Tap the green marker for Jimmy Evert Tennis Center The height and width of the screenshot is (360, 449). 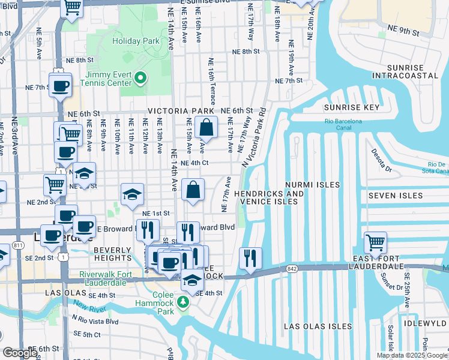pyautogui.click(x=141, y=77)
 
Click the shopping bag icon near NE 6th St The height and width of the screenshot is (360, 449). pyautogui.click(x=206, y=127)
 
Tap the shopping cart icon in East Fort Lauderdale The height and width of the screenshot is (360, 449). pyautogui.click(x=375, y=243)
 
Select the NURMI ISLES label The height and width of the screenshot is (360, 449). pyautogui.click(x=312, y=185)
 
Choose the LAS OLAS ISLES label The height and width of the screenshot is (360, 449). pyautogui.click(x=318, y=326)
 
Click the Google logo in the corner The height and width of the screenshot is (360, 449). pyautogui.click(x=19, y=353)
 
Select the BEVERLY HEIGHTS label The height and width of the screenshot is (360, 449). pyautogui.click(x=112, y=254)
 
